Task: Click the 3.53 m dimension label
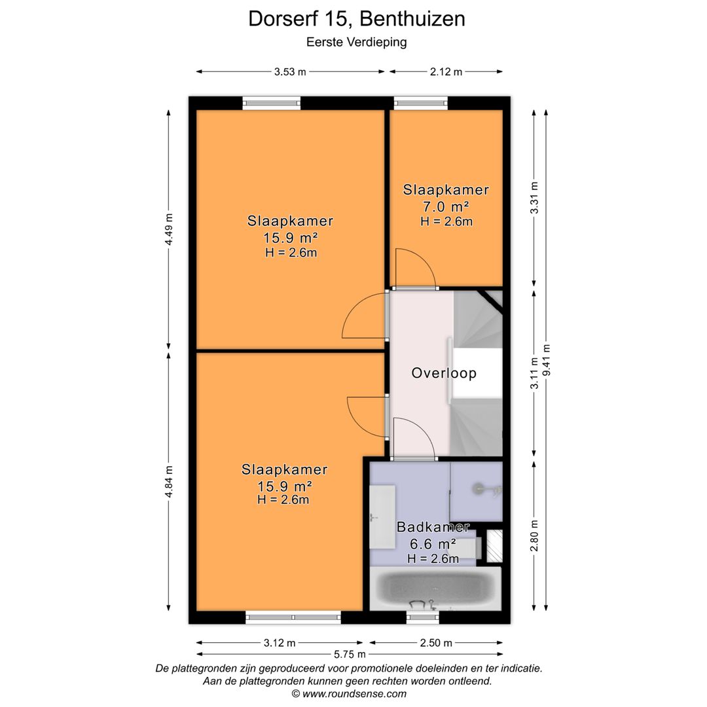pyautogui.click(x=290, y=72)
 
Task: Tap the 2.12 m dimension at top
pyautogui.click(x=446, y=72)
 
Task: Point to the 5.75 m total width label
pyautogui.click(x=350, y=654)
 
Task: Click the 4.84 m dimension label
pyautogui.click(x=169, y=482)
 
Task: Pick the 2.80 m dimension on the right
pyautogui.click(x=535, y=535)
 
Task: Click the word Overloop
pyautogui.click(x=443, y=374)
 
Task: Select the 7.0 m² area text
pyautogui.click(x=446, y=208)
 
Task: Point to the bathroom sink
pyautogui.click(x=382, y=517)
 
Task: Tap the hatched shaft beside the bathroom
pyautogui.click(x=495, y=546)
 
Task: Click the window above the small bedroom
pyautogui.click(x=420, y=103)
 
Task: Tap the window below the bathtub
pyautogui.click(x=422, y=617)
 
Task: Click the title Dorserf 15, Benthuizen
pyautogui.click(x=357, y=19)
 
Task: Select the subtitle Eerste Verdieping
pyautogui.click(x=357, y=43)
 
